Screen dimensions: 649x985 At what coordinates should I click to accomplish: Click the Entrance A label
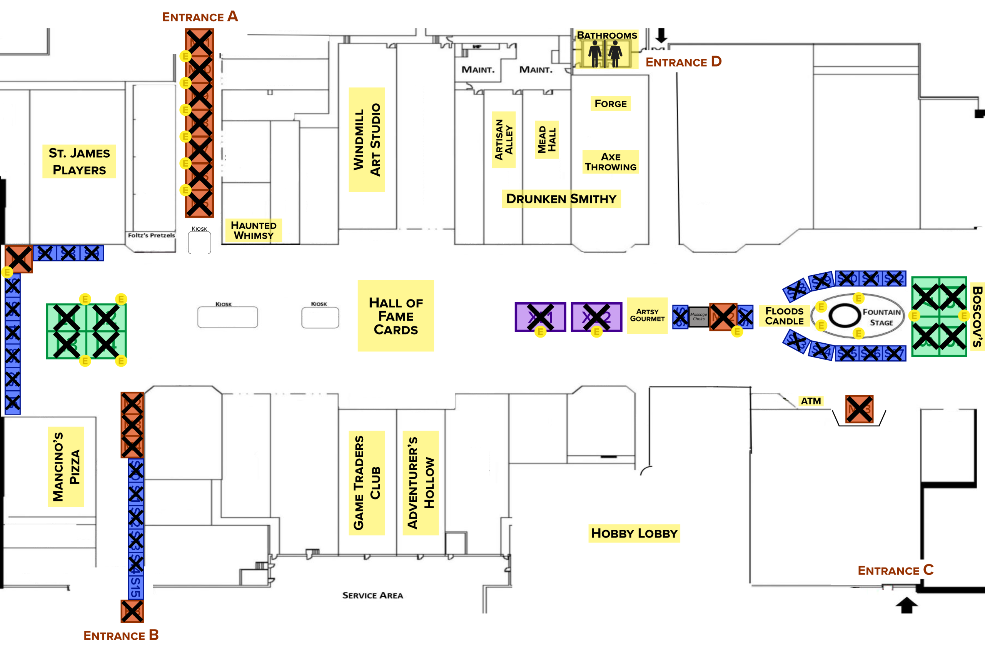click(x=200, y=17)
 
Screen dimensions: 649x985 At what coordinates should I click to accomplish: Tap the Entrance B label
click(x=121, y=635)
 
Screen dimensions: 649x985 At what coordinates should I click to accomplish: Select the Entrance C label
click(x=895, y=570)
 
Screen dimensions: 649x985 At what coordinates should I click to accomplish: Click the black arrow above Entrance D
click(x=661, y=35)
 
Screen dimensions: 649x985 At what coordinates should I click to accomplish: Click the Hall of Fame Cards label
click(x=396, y=316)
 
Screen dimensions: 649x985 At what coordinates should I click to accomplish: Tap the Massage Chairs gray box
click(x=698, y=317)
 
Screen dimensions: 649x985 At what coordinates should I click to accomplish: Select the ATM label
click(x=811, y=401)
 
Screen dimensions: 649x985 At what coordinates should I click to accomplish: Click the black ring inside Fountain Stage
click(x=845, y=315)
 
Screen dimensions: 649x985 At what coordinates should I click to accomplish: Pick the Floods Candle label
click(x=784, y=316)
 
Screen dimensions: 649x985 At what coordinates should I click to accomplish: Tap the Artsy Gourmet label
click(x=647, y=315)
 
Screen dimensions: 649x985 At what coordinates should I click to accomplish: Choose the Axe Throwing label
click(x=611, y=162)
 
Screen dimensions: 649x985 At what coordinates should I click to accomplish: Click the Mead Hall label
click(x=546, y=140)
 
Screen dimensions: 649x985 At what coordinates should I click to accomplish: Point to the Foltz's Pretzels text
click(x=151, y=235)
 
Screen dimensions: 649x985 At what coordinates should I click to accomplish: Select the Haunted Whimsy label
click(x=254, y=230)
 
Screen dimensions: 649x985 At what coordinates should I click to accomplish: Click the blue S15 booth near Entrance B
click(x=135, y=587)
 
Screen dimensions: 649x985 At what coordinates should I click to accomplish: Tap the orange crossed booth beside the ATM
click(x=859, y=409)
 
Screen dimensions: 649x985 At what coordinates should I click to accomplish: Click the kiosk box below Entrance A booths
click(x=199, y=243)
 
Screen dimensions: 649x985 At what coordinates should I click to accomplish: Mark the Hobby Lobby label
click(x=634, y=533)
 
